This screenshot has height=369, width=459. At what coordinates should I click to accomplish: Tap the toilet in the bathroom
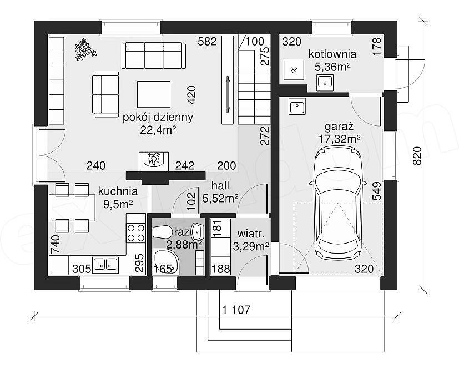click(163, 232)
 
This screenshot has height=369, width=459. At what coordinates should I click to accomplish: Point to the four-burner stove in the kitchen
click(136, 233)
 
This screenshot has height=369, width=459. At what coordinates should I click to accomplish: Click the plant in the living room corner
click(85, 49)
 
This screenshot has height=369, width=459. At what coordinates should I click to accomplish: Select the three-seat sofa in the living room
click(154, 55)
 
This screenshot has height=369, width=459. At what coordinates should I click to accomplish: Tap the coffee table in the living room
click(154, 94)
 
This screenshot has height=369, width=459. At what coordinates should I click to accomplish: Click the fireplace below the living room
click(154, 162)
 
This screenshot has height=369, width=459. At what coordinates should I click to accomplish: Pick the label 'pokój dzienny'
click(158, 118)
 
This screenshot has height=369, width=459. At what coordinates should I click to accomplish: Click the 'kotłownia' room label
click(332, 54)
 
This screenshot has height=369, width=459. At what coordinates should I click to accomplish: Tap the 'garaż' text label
click(339, 127)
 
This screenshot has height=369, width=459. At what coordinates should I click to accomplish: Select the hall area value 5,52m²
click(220, 199)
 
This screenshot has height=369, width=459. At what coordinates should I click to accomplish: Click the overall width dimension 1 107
click(236, 309)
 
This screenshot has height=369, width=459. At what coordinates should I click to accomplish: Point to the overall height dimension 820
click(417, 155)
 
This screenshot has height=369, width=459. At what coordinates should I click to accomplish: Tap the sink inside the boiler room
click(325, 82)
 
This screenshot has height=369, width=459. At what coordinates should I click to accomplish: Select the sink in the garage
click(297, 106)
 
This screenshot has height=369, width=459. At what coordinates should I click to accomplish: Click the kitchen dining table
click(72, 208)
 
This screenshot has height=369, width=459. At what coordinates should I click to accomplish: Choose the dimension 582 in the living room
click(207, 42)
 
